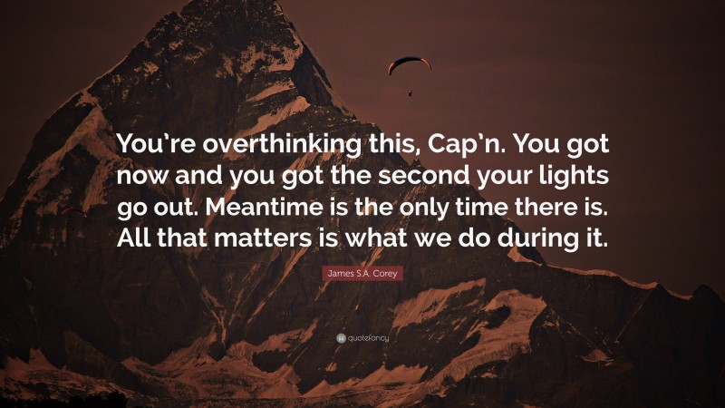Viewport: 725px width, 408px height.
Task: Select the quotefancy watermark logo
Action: (362, 338)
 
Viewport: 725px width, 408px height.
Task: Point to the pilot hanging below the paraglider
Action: (410, 92)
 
